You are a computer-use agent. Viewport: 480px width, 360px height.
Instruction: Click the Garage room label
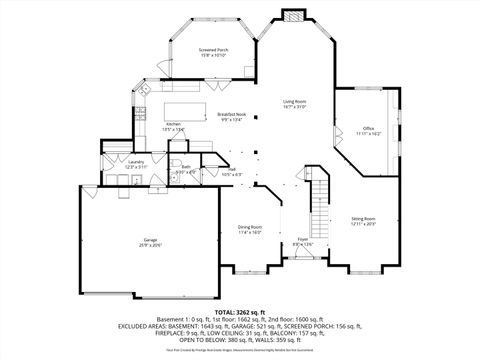151,240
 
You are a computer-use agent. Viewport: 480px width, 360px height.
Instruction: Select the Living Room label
294,102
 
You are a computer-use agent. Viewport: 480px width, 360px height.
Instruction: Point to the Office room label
368,128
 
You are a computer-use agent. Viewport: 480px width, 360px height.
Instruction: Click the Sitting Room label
363,218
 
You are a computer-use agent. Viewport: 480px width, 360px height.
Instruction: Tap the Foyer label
302,239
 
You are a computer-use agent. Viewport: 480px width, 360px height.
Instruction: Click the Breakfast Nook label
231,115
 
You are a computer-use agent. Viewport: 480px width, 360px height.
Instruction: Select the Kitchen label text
173,124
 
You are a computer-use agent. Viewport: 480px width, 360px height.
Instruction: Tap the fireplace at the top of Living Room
293,17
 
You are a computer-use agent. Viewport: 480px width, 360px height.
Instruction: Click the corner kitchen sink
143,92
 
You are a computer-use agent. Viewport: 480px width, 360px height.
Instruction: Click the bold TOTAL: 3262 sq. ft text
240,313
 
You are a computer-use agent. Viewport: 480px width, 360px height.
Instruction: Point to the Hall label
232,170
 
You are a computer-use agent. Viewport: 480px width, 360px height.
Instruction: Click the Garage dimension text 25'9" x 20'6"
151,246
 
